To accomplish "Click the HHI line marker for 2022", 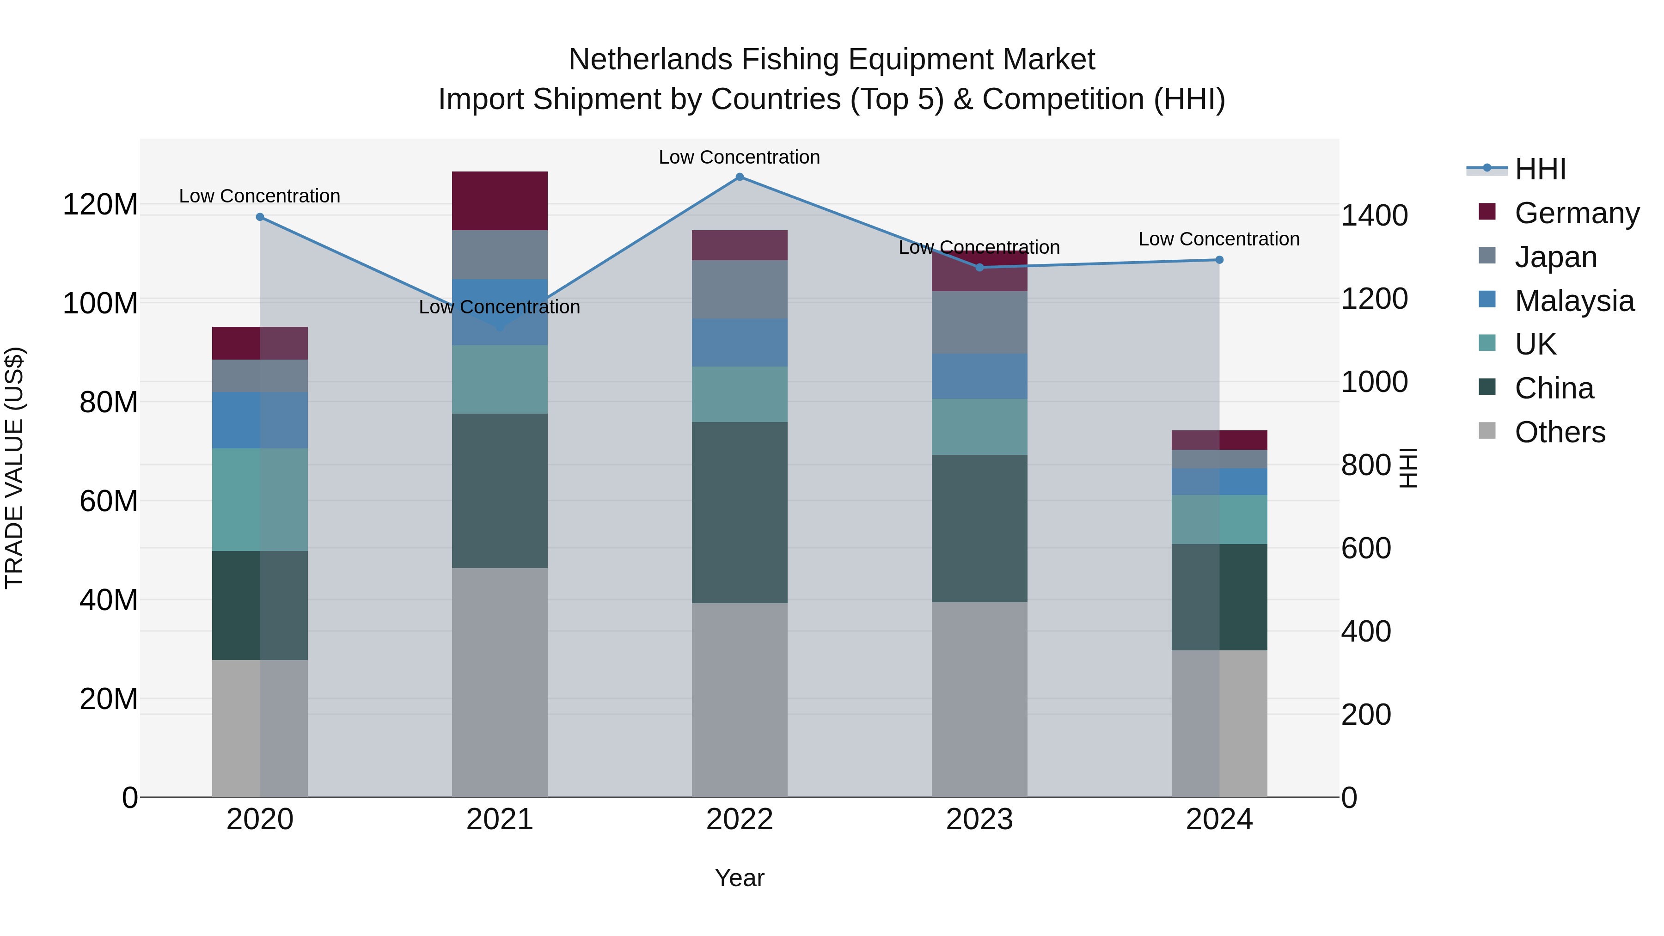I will coord(740,177).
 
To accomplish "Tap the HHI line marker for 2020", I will coord(260,217).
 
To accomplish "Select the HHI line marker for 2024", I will coord(1219,260).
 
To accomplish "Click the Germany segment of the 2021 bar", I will coord(499,201).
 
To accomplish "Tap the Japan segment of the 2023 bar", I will coord(979,322).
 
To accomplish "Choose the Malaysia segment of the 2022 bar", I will coord(740,343).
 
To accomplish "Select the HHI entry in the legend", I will coord(1540,169).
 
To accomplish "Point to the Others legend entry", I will coord(1560,432).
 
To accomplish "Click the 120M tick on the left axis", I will coord(100,205).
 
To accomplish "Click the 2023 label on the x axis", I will coord(979,820).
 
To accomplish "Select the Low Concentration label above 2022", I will coord(739,157).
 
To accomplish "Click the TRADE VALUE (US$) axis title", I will coord(14,468).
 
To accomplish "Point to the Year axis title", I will coord(739,878).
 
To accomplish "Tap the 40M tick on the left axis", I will coord(109,600).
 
